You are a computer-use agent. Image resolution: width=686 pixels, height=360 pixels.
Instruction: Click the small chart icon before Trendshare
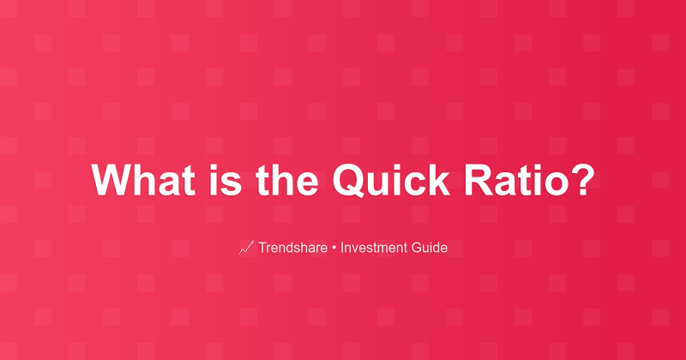246,248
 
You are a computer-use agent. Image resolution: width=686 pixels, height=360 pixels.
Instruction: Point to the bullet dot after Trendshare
334,249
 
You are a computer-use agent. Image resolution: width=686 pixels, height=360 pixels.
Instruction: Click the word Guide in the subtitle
429,248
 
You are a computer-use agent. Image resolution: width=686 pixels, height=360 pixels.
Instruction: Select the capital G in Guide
416,248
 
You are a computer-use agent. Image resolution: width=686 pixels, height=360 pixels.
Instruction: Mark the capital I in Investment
342,248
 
